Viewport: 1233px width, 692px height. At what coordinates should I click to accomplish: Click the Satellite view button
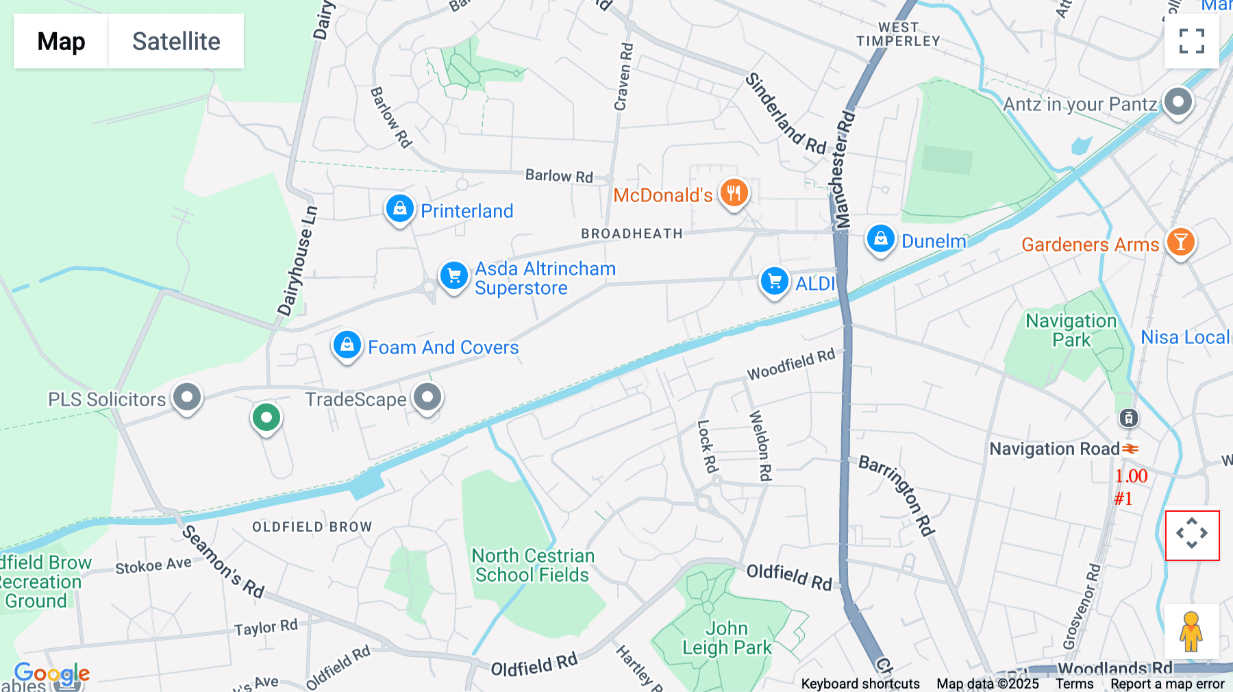pos(176,41)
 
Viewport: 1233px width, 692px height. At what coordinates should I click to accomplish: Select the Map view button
pos(61,41)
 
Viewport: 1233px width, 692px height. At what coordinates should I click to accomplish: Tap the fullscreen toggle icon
pos(1191,41)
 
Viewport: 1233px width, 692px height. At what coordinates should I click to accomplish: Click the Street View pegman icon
pos(1191,632)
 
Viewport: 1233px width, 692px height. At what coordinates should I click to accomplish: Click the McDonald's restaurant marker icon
pos(734,193)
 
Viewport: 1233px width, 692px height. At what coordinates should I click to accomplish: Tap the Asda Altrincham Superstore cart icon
pos(453,276)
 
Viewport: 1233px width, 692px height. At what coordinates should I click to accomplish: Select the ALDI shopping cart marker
pos(775,281)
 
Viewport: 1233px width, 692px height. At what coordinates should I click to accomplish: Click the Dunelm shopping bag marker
pos(881,238)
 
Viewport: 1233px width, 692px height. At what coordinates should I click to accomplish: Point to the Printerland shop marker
pos(400,208)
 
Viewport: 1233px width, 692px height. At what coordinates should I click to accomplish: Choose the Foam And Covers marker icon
pos(347,345)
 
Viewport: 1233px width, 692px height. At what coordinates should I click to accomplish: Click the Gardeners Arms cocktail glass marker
pos(1180,242)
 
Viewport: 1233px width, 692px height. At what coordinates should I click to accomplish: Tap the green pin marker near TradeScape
pos(266,417)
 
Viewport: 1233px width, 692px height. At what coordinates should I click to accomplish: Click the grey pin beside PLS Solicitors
pos(187,396)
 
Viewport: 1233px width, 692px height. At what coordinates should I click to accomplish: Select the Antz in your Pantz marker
pos(1178,102)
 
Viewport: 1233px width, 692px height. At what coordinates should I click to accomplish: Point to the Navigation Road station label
pos(1055,449)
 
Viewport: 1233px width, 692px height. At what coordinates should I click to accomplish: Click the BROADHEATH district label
pos(632,234)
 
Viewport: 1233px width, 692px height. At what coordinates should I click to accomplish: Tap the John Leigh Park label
pos(727,638)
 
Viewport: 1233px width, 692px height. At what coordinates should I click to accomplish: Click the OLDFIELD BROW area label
pos(312,527)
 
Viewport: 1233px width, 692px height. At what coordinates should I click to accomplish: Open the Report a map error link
pos(1167,684)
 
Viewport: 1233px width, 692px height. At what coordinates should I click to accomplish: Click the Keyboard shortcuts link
pos(860,684)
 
